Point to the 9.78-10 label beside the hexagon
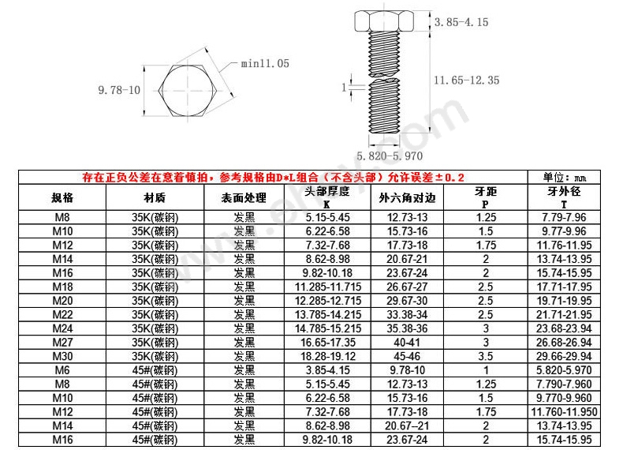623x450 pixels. (x=119, y=90)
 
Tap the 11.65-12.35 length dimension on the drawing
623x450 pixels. (x=466, y=80)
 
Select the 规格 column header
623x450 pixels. (x=62, y=197)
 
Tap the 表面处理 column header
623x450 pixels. (x=244, y=197)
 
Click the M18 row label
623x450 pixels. (x=62, y=286)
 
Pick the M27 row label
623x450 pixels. (x=62, y=342)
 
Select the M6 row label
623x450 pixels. (x=62, y=369)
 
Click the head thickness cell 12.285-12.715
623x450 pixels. (x=327, y=300)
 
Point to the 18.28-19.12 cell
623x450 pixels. (x=327, y=356)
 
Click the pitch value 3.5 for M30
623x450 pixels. (x=486, y=356)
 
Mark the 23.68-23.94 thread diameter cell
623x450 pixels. (x=565, y=328)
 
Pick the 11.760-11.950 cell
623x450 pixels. (x=565, y=412)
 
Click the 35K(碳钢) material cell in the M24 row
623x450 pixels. (x=155, y=328)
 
